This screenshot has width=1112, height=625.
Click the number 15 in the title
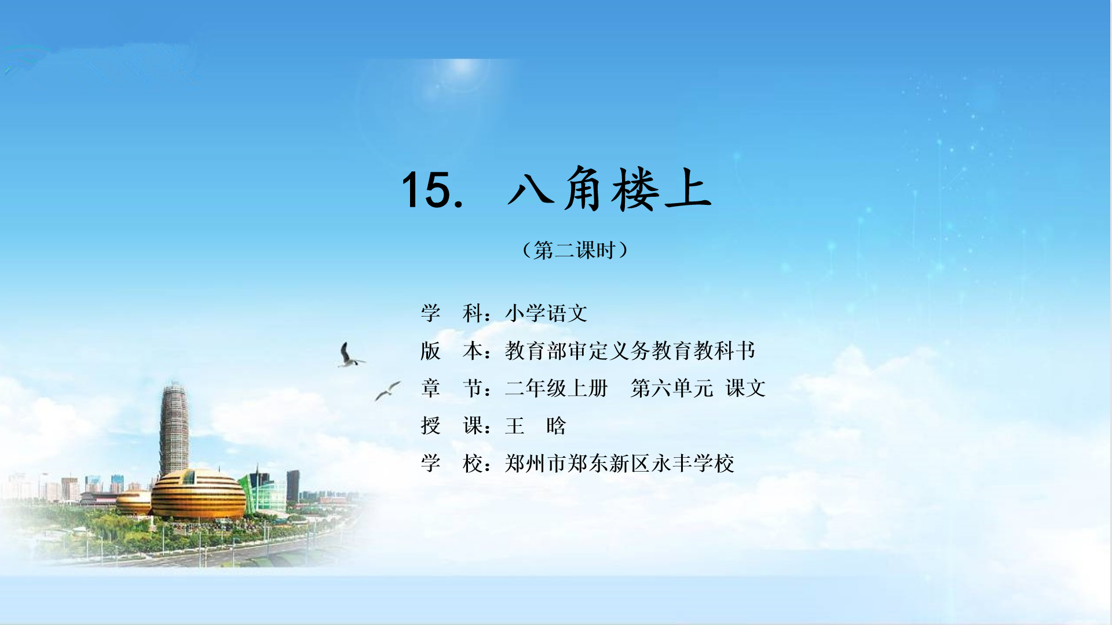[426, 189]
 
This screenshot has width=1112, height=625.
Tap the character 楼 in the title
[636, 189]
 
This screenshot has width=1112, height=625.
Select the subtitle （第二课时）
[575, 250]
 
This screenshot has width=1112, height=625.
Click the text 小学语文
[546, 313]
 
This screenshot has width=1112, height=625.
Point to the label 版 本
[452, 351]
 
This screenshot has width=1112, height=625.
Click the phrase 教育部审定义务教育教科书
[630, 351]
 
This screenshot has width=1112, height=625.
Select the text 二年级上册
[557, 388]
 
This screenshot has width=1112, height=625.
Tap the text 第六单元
[672, 388]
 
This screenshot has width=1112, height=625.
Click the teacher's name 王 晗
[536, 426]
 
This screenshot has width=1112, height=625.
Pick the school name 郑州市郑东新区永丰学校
[620, 464]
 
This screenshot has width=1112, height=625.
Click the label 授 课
[452, 426]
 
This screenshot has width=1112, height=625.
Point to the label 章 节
[452, 388]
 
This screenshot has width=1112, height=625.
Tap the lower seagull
[387, 391]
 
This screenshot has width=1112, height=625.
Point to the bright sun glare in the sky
[462, 68]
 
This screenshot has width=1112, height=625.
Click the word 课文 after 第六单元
[746, 388]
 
